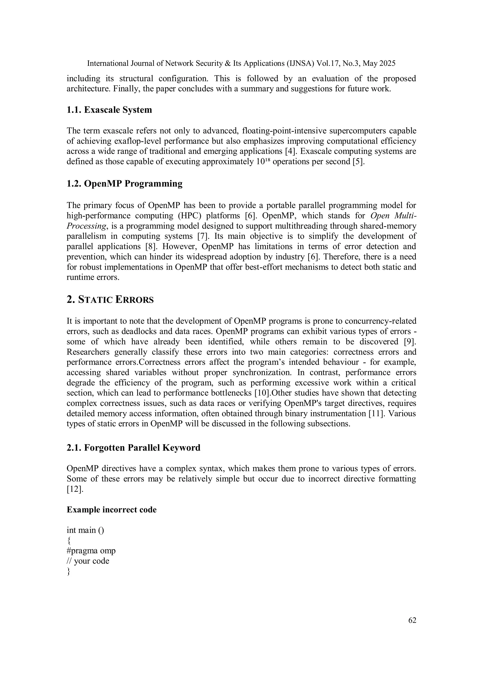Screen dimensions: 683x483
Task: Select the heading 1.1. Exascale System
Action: pyautogui.click(x=109, y=110)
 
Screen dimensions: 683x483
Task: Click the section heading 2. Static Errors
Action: pyautogui.click(x=110, y=300)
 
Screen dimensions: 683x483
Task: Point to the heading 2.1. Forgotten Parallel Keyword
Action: pyautogui.click(x=133, y=447)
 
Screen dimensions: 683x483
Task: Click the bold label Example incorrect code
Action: pyautogui.click(x=112, y=509)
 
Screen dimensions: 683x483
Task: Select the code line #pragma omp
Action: pyautogui.click(x=91, y=551)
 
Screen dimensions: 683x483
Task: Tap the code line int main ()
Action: pyautogui.click(x=85, y=530)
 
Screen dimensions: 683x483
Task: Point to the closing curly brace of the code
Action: pyautogui.click(x=68, y=571)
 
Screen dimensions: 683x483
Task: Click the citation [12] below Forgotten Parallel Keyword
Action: pyautogui.click(x=75, y=489)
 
